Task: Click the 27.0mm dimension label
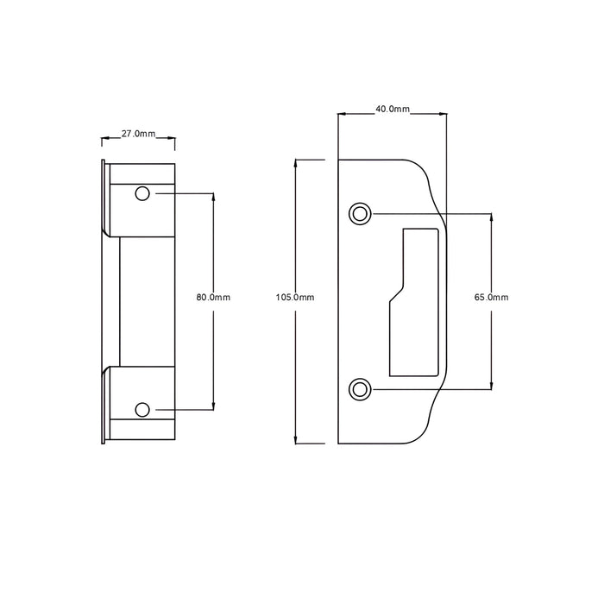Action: (x=138, y=134)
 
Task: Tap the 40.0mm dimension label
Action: (x=393, y=109)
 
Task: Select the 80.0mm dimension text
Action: (x=213, y=298)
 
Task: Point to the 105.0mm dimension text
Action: (x=295, y=298)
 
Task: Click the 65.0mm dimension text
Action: (x=491, y=298)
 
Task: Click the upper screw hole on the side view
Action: (x=142, y=193)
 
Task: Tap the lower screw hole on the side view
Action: (x=142, y=410)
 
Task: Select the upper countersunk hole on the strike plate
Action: (x=360, y=213)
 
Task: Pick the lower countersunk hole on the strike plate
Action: (x=360, y=389)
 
